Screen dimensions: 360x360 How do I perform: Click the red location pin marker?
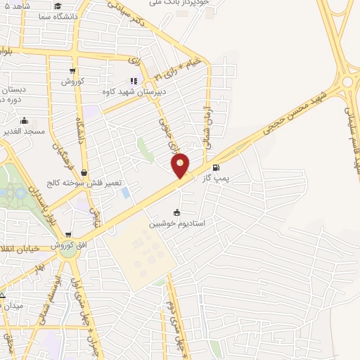pyautogui.click(x=181, y=165)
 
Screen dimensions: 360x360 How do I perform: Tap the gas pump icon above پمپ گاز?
pyautogui.click(x=216, y=167)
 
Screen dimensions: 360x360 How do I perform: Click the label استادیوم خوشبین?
pyautogui.click(x=176, y=224)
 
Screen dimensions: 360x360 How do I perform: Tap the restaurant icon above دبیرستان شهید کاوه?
pyautogui.click(x=134, y=81)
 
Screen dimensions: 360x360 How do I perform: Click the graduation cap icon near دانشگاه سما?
pyautogui.click(x=57, y=6)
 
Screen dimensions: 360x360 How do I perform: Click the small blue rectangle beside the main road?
pyautogui.click(x=125, y=192)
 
